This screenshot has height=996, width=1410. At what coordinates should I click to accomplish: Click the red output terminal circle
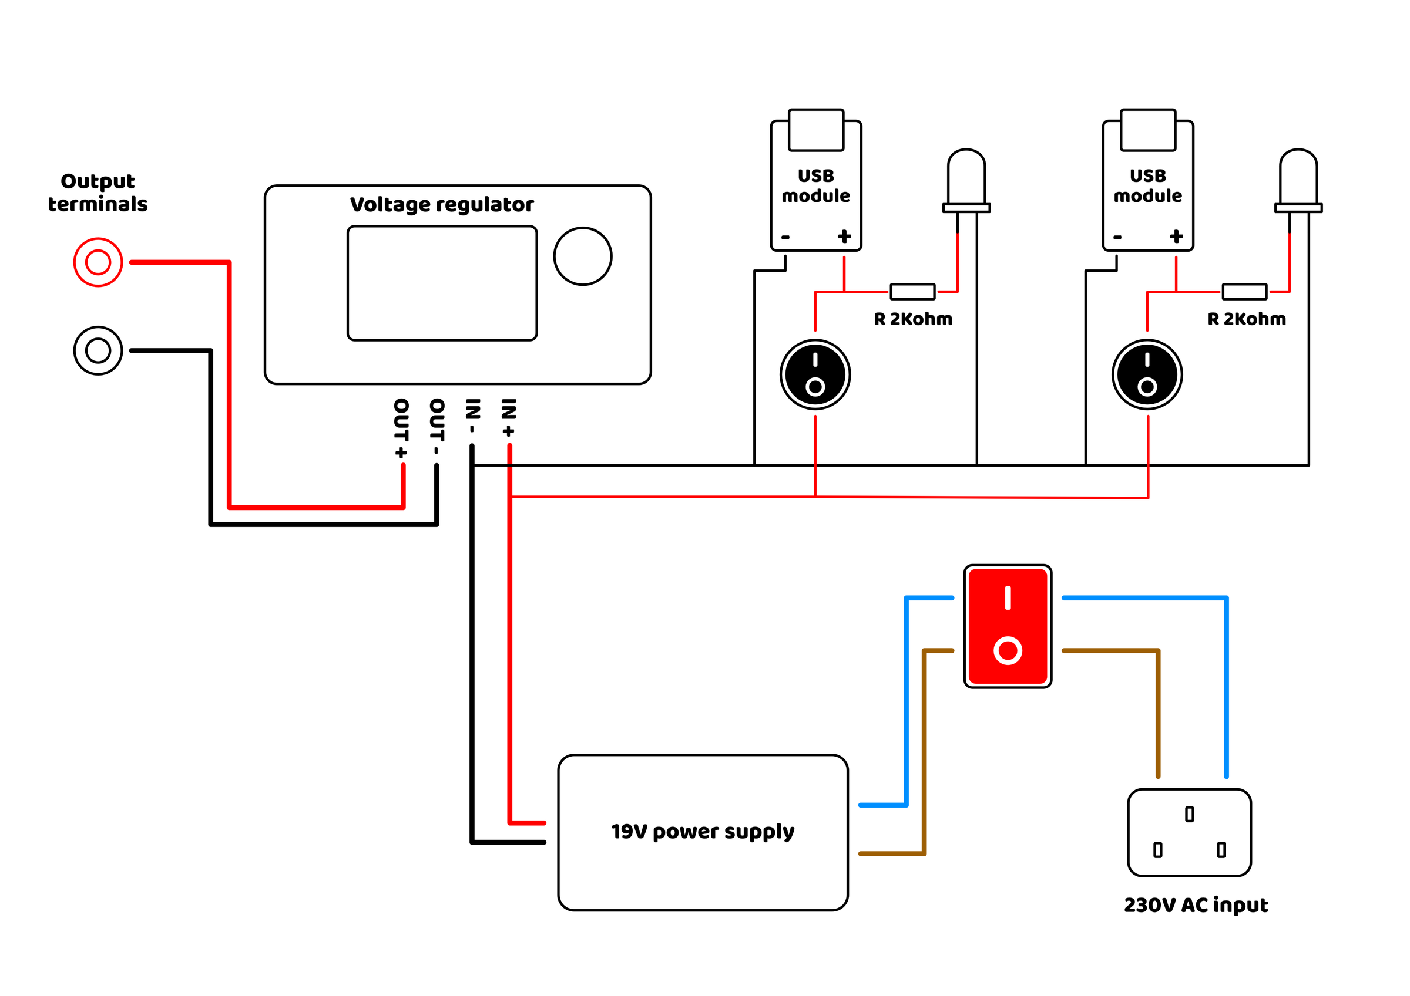click(x=98, y=262)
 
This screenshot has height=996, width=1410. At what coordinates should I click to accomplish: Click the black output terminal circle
click(x=98, y=350)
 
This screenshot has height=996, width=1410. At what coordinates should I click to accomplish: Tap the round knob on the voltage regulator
click(x=582, y=256)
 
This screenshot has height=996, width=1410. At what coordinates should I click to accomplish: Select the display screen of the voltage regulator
click(x=442, y=283)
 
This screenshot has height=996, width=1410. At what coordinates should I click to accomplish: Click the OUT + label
click(x=401, y=428)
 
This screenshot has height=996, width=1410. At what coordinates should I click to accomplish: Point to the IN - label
click(x=472, y=416)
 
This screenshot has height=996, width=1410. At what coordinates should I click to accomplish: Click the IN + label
click(x=509, y=417)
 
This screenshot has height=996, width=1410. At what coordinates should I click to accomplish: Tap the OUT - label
click(x=437, y=427)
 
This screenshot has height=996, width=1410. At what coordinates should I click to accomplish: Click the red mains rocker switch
click(x=1007, y=626)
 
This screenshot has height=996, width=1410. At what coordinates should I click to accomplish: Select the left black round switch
click(x=815, y=374)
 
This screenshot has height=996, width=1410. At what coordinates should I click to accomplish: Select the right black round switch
click(x=1147, y=374)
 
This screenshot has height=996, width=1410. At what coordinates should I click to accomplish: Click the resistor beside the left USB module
click(x=912, y=292)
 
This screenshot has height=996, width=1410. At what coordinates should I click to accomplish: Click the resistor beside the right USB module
click(x=1244, y=292)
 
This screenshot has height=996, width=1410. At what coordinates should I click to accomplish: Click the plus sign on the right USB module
click(x=1176, y=237)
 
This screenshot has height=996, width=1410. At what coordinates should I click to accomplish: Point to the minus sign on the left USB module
click(x=785, y=237)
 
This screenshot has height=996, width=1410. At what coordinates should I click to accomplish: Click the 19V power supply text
click(x=703, y=832)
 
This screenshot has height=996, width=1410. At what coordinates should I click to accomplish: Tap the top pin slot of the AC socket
click(x=1190, y=813)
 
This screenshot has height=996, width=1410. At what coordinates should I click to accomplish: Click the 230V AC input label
click(x=1196, y=905)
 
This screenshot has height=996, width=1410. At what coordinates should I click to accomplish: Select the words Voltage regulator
click(x=442, y=204)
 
